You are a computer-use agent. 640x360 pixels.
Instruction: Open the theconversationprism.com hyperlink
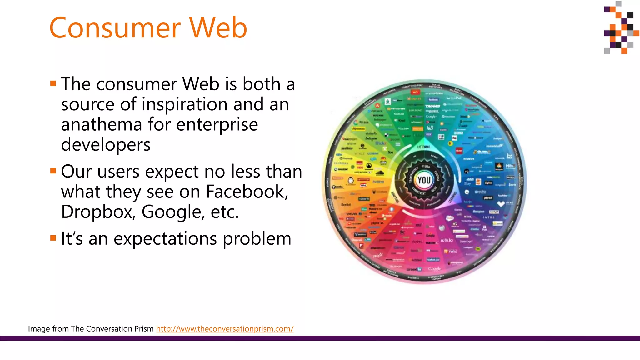point(225,329)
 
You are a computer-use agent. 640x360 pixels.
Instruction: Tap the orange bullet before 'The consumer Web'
point(53,83)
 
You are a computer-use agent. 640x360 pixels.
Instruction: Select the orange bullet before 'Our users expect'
point(53,171)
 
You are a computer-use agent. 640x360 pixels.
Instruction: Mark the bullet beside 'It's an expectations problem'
point(53,238)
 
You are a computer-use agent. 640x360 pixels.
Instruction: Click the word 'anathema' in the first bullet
point(101,124)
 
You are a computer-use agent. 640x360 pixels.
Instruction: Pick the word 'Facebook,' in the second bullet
point(247,192)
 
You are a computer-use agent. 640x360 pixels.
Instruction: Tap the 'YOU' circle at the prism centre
point(424,180)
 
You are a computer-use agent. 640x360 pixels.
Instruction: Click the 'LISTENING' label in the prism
point(424,147)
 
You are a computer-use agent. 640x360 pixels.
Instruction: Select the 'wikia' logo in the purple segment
point(447,240)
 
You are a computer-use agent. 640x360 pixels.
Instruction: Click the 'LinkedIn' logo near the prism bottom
point(414,269)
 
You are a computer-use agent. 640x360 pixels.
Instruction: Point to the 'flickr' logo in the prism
point(381,143)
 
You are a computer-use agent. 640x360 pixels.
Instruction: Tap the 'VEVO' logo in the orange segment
point(352,214)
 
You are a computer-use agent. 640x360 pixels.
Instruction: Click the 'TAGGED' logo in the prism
point(432,106)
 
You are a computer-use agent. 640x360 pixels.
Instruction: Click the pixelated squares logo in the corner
point(620,27)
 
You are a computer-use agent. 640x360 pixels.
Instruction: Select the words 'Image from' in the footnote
point(48,329)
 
